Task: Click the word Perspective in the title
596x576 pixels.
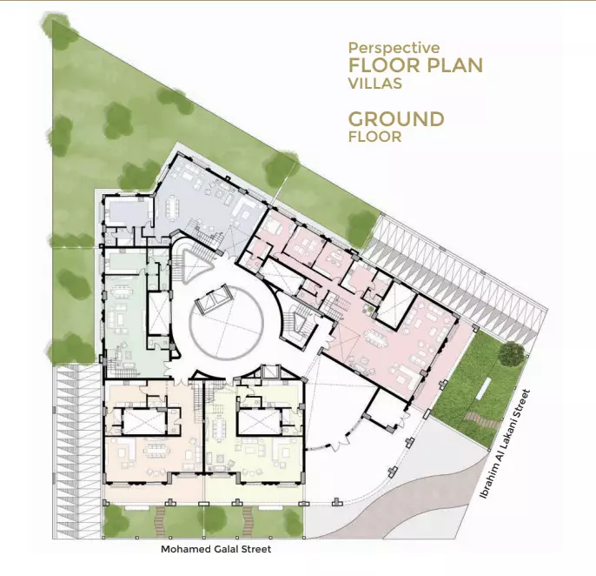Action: pos(394,49)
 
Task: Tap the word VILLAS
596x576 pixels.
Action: pos(375,83)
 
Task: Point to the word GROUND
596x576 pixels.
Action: pos(396,119)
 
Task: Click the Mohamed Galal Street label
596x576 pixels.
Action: pos(215,549)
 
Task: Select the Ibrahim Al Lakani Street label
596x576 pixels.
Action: pos(504,444)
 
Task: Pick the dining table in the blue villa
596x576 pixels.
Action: pos(172,207)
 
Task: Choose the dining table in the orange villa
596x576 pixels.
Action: pos(156,448)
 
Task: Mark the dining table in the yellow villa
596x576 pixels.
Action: pos(219,430)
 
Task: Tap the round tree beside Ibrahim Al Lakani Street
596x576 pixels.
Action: pos(513,353)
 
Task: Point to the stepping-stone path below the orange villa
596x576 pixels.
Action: pos(161,521)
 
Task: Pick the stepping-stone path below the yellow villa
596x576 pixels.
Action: pos(248,521)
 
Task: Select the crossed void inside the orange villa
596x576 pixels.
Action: pos(145,422)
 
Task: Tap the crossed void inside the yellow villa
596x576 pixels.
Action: pos(260,422)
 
